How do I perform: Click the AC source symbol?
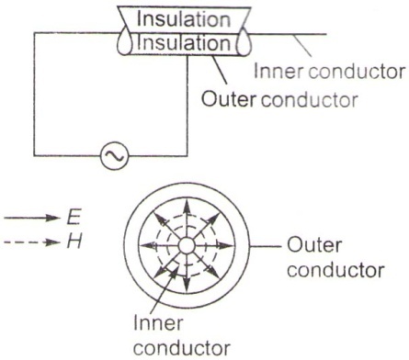[115, 156]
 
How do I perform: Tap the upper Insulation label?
[184, 18]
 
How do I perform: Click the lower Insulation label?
[184, 42]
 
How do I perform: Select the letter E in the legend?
[74, 218]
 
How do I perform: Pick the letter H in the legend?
[74, 242]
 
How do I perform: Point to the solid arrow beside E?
[31, 218]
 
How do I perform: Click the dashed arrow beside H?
[31, 242]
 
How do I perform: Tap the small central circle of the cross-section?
[187, 245]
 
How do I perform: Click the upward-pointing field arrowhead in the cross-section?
[187, 208]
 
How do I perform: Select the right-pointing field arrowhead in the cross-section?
[226, 245]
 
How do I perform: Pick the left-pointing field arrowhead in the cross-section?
[146, 245]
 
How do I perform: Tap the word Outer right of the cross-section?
[314, 246]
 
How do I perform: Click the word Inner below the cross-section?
[158, 323]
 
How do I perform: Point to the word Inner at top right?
[278, 72]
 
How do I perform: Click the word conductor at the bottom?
[182, 348]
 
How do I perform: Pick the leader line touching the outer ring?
[265, 246]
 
